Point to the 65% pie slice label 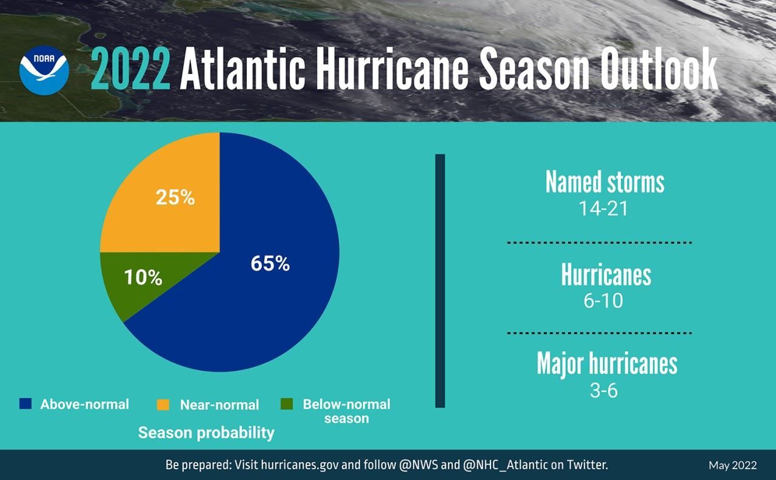(x=270, y=264)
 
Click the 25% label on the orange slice (x=175, y=197)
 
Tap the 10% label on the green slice (x=143, y=278)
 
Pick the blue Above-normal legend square (x=25, y=404)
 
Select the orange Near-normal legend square (x=164, y=404)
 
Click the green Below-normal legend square (x=287, y=404)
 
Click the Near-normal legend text (x=219, y=405)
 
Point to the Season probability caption (x=206, y=433)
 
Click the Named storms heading (x=604, y=182)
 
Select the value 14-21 (x=603, y=208)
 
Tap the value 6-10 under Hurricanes (x=603, y=300)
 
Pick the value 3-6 (x=603, y=390)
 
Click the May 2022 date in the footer (x=732, y=465)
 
